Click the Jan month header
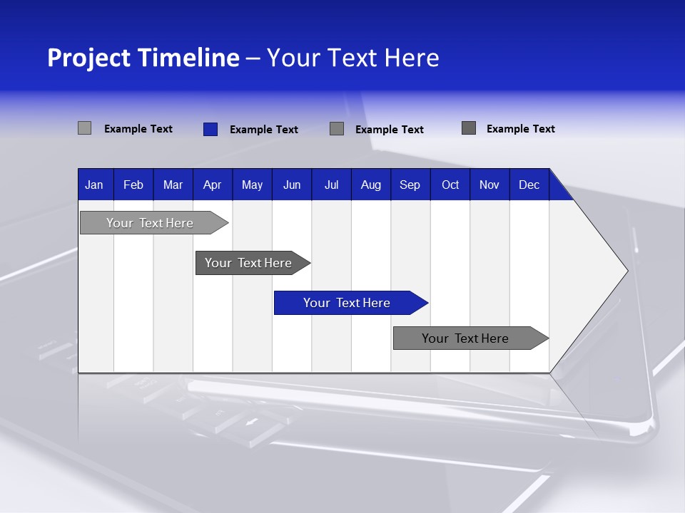(95, 185)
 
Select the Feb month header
(133, 185)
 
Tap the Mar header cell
(173, 185)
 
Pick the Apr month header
(213, 185)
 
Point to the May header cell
(252, 185)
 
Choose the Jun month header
(292, 185)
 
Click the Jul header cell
(331, 185)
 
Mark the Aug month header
(371, 185)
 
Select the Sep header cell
(410, 185)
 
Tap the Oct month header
(450, 185)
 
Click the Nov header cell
(489, 185)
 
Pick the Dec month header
(529, 185)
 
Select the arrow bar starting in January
(151, 223)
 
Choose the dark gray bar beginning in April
(249, 263)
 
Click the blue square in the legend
(210, 129)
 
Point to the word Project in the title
(88, 58)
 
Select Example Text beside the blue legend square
(264, 130)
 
